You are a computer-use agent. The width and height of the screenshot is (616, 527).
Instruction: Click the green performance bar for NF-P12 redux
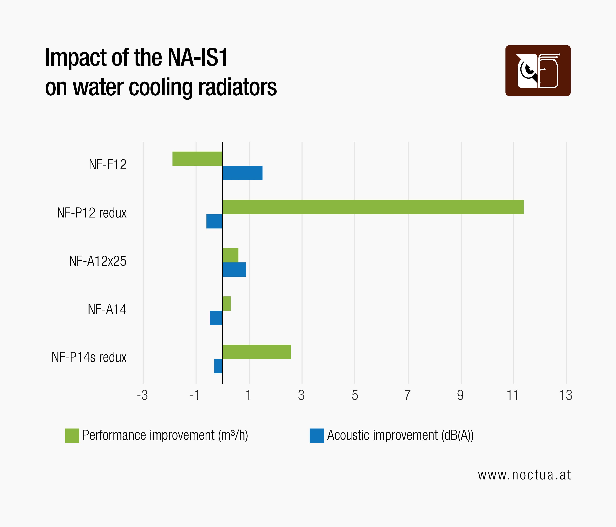(373, 207)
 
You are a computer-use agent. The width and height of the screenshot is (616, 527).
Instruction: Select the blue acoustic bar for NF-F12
(242, 173)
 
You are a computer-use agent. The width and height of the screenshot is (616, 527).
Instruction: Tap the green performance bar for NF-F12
(197, 159)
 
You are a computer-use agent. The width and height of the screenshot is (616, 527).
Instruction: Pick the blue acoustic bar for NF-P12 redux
(214, 221)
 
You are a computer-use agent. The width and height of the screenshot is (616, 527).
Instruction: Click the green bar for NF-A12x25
(230, 255)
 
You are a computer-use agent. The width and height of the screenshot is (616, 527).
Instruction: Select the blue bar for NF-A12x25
(234, 269)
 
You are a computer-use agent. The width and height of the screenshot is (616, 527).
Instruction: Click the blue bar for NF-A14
(216, 318)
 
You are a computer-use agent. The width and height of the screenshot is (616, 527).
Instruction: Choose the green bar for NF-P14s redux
(257, 352)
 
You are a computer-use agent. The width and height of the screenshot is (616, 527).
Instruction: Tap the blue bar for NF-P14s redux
(218, 366)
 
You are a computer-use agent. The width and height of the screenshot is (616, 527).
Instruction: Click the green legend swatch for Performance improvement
(72, 436)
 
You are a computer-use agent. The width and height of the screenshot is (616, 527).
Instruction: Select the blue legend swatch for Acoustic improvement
(317, 436)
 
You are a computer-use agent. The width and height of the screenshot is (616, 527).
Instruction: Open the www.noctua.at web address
(524, 475)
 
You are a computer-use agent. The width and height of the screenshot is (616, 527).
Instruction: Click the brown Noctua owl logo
(538, 70)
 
